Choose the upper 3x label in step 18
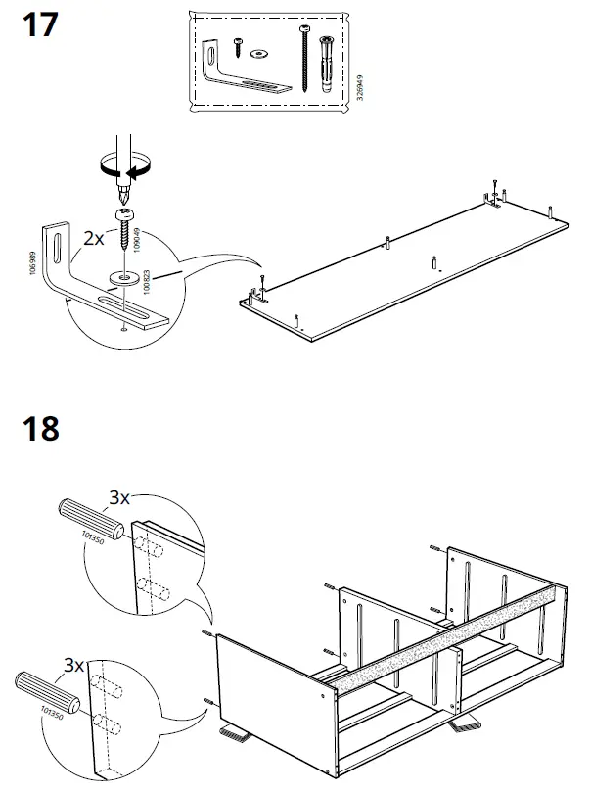[x=118, y=498]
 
